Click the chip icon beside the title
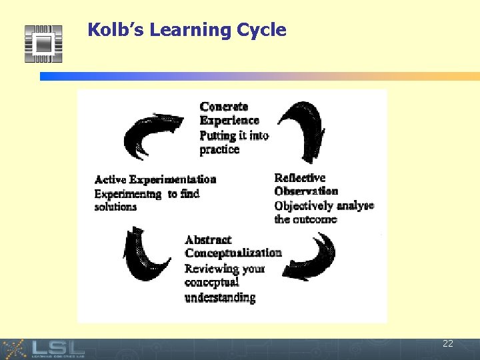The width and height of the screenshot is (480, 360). click(x=43, y=44)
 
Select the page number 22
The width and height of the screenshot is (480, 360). click(x=447, y=344)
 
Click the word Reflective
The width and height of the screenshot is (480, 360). click(x=300, y=178)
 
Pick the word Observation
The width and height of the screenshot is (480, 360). click(x=306, y=191)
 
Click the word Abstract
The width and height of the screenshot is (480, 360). click(x=208, y=240)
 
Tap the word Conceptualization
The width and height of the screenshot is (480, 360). click(x=233, y=253)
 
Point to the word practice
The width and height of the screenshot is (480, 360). click(x=219, y=149)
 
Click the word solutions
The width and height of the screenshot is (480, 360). click(x=115, y=207)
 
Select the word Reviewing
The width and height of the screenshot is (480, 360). click(x=211, y=269)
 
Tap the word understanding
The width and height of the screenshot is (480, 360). click(x=220, y=297)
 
